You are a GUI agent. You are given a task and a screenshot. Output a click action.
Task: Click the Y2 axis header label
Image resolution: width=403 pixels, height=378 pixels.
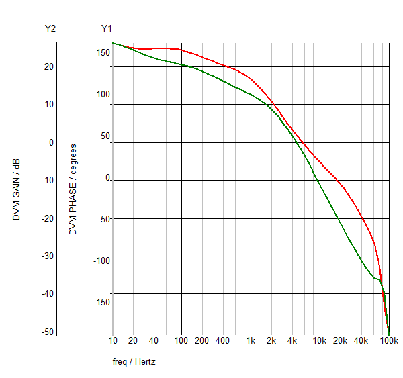point(50,28)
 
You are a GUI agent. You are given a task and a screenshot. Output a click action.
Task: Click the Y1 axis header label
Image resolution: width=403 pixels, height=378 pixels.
point(107,28)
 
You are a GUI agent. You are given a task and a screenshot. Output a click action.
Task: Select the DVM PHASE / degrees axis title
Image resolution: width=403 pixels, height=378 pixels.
point(73,189)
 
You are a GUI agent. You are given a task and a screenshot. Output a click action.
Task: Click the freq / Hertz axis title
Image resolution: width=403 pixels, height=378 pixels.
point(134,362)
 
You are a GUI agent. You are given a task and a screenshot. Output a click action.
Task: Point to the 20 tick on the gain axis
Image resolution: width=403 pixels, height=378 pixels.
point(48,66)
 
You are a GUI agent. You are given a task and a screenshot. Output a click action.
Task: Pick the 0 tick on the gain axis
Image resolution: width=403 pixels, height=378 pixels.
point(50,142)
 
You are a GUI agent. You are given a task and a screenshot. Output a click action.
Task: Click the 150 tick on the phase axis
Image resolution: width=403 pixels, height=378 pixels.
point(103,53)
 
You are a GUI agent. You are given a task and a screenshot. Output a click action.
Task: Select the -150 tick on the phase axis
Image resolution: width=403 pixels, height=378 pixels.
point(101,301)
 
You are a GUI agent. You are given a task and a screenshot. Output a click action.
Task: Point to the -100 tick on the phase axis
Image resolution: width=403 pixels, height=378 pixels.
point(101,261)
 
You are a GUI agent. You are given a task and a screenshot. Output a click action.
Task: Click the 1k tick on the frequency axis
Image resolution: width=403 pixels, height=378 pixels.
point(251,341)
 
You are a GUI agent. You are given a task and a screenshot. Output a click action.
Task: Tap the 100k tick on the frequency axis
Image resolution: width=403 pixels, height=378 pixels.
point(389,341)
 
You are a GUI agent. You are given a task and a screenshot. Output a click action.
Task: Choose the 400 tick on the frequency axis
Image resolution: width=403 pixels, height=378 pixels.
point(223,341)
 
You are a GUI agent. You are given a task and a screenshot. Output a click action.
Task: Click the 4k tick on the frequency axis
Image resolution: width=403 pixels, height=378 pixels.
point(292,341)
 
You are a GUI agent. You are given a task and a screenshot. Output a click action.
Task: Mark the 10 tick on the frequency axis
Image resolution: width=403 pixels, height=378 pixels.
point(112,341)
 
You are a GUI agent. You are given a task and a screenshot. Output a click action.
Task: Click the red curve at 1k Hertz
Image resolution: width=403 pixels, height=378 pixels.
point(251,79)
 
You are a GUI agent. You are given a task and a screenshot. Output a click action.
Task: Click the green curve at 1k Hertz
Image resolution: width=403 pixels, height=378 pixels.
point(251,94)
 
